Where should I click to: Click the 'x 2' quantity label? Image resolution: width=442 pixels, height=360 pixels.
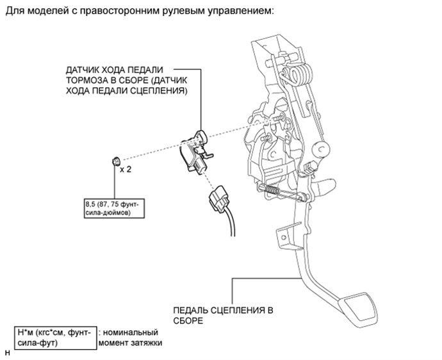click(x=126, y=170)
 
